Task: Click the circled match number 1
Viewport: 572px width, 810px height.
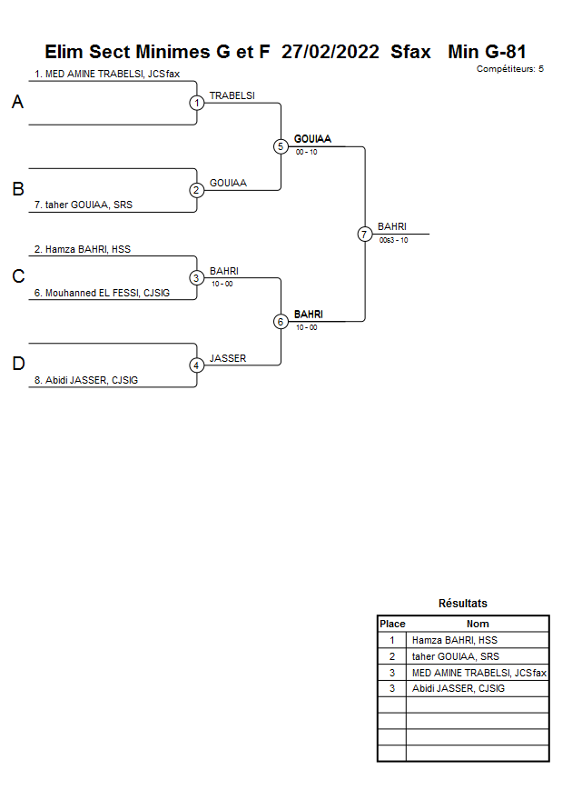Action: [x=196, y=103]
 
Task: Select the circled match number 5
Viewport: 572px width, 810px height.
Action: [x=281, y=146]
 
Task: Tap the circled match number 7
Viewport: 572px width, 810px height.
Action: [x=364, y=234]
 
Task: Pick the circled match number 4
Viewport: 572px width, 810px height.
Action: [x=196, y=365]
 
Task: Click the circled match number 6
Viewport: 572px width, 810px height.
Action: [x=281, y=321]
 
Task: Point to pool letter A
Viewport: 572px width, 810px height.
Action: [x=17, y=103]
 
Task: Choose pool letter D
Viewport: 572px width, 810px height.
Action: [x=17, y=365]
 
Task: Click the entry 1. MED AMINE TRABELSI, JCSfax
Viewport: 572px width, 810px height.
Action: [x=107, y=74]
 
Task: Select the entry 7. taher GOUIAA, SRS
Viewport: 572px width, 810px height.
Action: [x=84, y=205]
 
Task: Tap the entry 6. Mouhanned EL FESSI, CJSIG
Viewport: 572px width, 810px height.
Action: [x=102, y=293]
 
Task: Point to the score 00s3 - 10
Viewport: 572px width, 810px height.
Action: [x=393, y=240]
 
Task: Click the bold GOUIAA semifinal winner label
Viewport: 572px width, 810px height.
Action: [x=312, y=139]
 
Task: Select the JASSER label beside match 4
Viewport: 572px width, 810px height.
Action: [x=228, y=358]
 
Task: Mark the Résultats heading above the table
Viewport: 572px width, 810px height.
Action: [x=462, y=604]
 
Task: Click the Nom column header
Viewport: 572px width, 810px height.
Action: [x=478, y=624]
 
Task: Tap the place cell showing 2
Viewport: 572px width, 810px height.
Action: [x=391, y=656]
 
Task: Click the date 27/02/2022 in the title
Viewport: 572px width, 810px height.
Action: [x=330, y=52]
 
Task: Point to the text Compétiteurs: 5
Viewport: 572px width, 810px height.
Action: [x=509, y=69]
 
